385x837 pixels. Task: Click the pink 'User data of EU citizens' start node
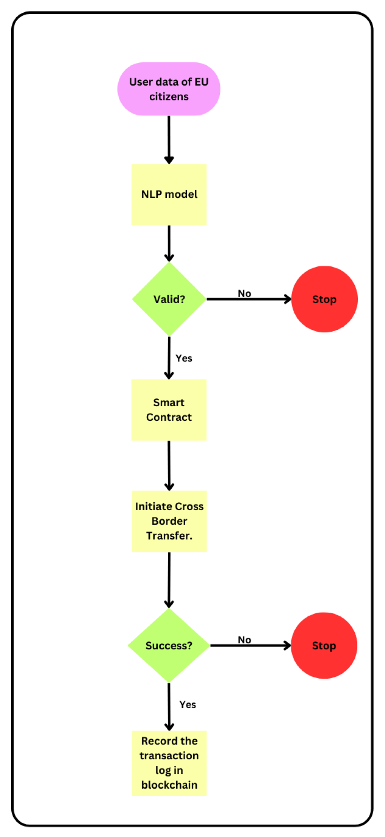pos(169,89)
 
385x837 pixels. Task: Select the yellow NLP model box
pos(169,194)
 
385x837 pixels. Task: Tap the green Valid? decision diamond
pos(169,299)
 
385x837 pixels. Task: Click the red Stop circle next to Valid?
pos(324,299)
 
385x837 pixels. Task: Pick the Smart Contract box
pos(169,410)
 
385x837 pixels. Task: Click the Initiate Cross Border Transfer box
pos(169,521)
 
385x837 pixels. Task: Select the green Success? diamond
pos(169,645)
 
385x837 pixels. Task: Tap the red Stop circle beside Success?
pos(324,645)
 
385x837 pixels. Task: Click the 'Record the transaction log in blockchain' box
pos(169,763)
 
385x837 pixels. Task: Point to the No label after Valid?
pos(244,293)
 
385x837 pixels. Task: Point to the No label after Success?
pos(244,640)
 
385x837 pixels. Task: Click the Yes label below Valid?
pos(184,358)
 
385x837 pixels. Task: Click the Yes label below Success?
pos(187,705)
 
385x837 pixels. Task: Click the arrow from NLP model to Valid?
pos(169,243)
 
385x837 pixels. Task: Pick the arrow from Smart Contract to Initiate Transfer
pos(169,465)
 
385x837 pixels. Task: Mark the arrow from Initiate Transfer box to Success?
pos(169,579)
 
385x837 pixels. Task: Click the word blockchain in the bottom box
pos(169,785)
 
